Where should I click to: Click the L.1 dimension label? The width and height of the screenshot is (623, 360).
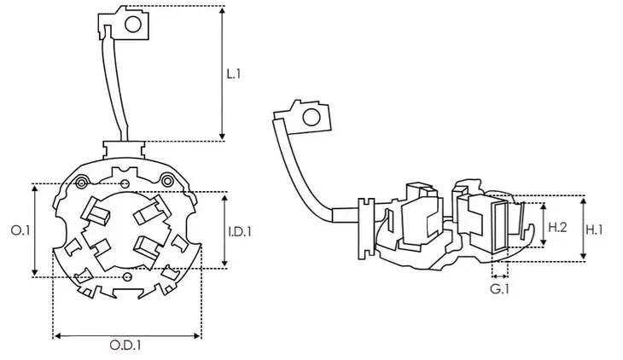click(x=234, y=73)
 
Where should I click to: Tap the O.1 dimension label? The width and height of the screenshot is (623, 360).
click(x=20, y=230)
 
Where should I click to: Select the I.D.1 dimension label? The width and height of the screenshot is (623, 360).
click(x=240, y=231)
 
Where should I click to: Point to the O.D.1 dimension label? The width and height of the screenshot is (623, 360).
click(x=125, y=345)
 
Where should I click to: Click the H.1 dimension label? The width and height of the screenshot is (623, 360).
click(x=595, y=229)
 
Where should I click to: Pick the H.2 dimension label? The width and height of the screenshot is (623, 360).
click(x=557, y=227)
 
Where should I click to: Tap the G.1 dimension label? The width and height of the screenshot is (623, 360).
click(x=499, y=289)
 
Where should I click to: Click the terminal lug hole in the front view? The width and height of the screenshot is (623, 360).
click(x=133, y=25)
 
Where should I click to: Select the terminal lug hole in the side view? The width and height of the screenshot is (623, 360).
click(x=311, y=117)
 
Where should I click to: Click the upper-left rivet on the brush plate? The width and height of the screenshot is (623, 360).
click(x=82, y=183)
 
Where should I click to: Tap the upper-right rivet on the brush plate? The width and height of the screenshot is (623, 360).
click(x=167, y=181)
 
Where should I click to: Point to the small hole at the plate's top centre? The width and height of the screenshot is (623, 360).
click(x=125, y=183)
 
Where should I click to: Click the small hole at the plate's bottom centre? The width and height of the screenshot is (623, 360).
click(x=127, y=276)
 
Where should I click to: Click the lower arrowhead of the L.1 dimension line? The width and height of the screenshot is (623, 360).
click(x=223, y=135)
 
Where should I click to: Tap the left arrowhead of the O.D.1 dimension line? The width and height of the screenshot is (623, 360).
click(x=58, y=336)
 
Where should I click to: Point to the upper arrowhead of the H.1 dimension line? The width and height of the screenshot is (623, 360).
click(x=583, y=201)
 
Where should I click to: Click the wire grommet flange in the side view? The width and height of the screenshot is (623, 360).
click(x=366, y=229)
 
